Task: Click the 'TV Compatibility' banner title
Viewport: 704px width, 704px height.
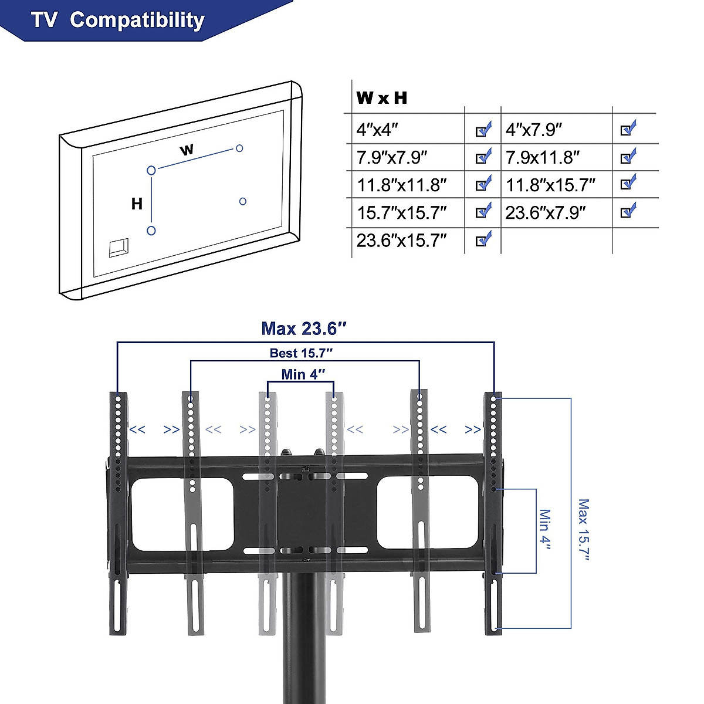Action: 118,20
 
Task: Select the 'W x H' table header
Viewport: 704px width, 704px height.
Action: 381,98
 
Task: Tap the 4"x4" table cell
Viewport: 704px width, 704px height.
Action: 378,129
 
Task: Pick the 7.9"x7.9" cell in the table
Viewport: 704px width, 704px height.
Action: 392,157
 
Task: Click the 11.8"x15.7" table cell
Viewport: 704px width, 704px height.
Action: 551,185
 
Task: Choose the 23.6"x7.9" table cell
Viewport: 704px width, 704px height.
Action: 546,212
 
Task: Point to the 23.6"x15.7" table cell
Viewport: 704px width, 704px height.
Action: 402,241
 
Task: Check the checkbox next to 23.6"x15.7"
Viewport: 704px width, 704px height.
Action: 483,239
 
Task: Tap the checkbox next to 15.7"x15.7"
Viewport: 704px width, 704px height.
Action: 483,211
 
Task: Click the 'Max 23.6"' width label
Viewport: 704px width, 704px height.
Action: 300,329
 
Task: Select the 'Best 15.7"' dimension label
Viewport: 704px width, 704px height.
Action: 302,353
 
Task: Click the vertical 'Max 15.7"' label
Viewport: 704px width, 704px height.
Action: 583,530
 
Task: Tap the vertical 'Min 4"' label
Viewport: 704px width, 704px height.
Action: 545,530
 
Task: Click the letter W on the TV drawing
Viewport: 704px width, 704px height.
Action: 187,150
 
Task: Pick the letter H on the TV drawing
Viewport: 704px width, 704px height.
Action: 137,204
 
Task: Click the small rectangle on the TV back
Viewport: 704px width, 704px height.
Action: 119,247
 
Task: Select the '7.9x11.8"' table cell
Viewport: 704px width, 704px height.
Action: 543,157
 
